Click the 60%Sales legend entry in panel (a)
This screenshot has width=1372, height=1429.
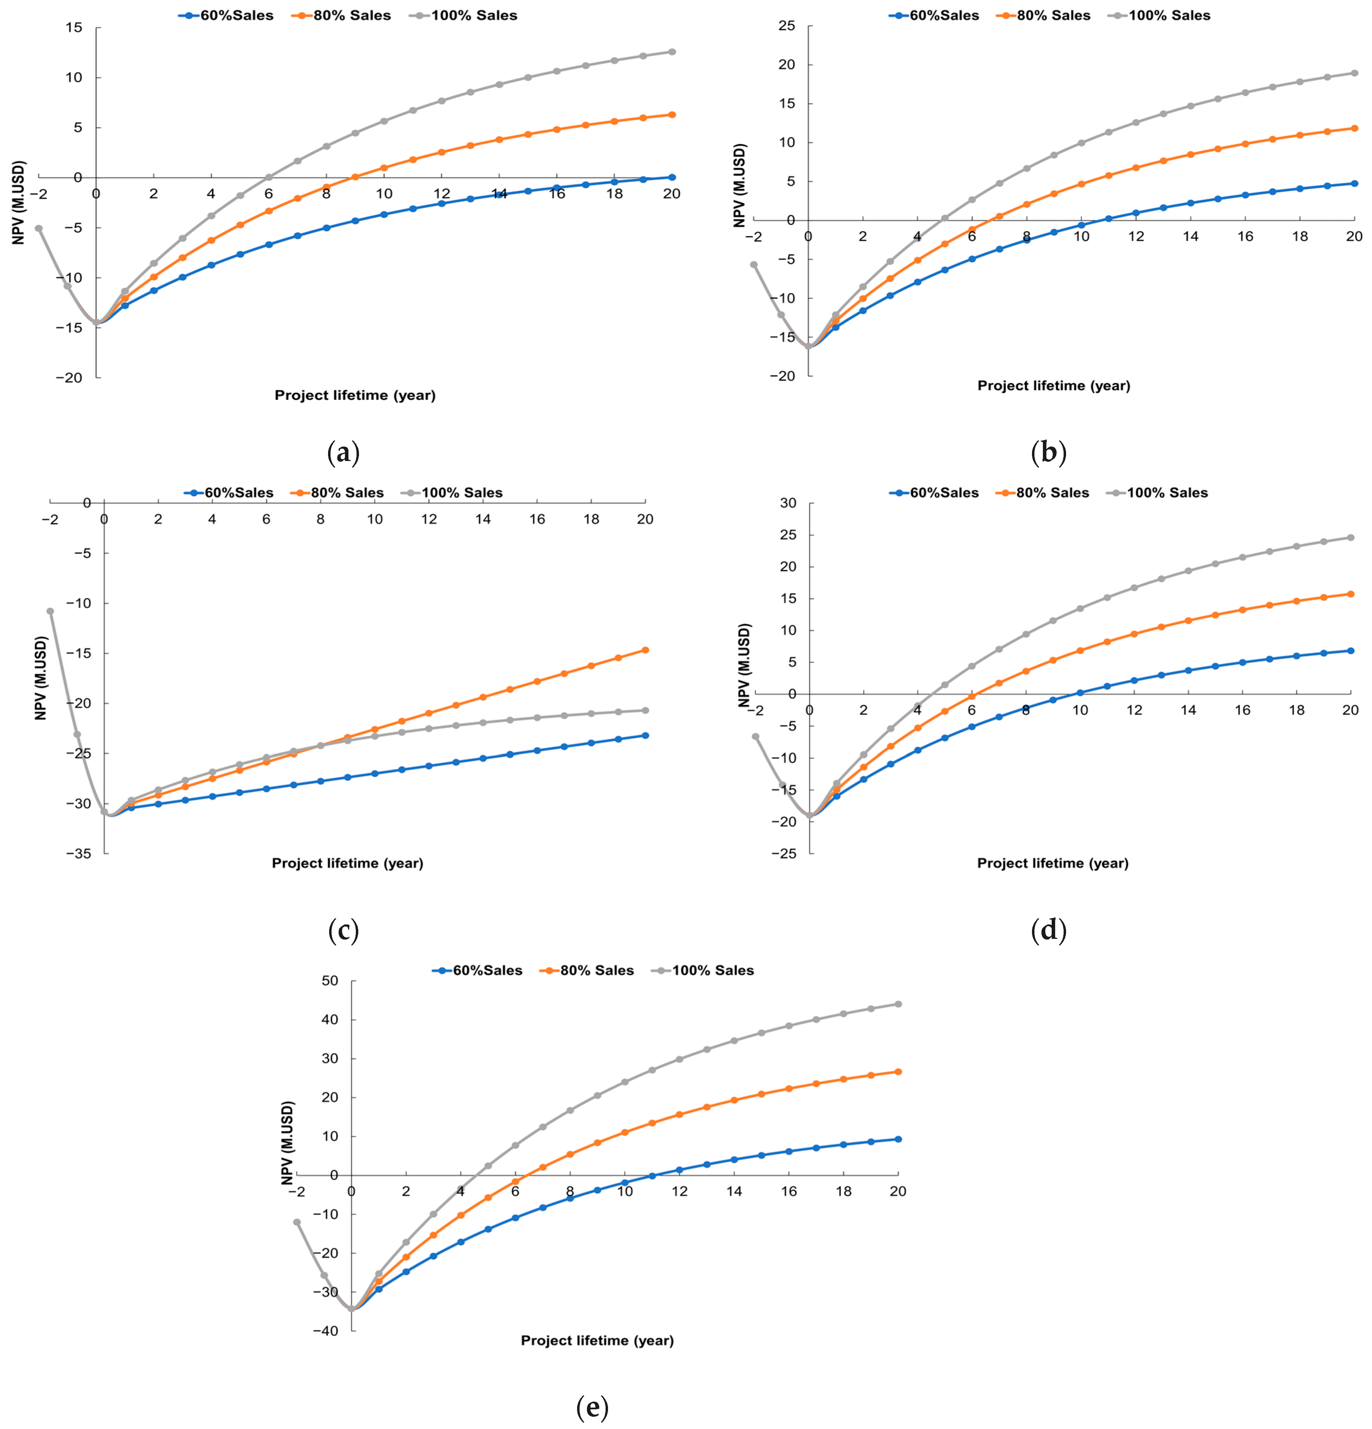click(x=226, y=15)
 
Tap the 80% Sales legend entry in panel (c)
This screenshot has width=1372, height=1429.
click(x=337, y=493)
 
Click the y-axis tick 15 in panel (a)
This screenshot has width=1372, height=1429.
click(x=74, y=28)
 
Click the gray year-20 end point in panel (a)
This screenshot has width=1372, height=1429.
click(x=672, y=52)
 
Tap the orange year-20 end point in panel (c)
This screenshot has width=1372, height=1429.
click(x=645, y=650)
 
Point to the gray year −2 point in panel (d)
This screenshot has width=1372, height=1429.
click(x=756, y=736)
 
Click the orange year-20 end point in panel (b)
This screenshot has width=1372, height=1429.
click(x=1354, y=128)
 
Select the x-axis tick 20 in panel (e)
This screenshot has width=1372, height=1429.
click(x=898, y=1191)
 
